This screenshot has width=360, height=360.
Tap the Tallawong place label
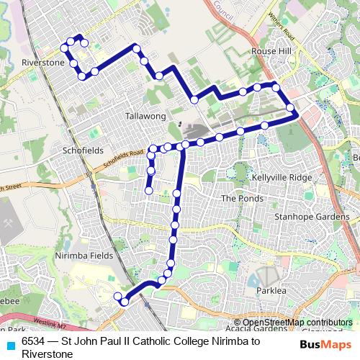pos(145,116)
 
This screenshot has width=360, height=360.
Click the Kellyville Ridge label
pos(282,177)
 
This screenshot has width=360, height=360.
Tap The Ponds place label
pos(238,198)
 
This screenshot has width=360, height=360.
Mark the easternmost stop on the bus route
pos(290,108)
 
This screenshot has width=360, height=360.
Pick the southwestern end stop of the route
pos(118,296)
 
